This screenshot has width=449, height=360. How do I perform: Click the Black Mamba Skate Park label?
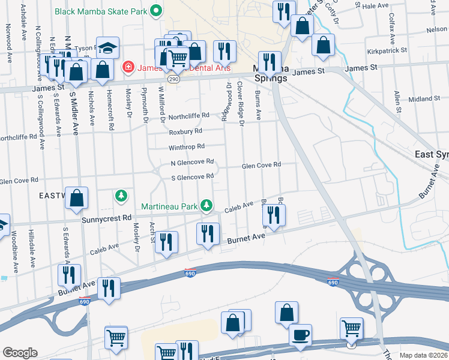point(101,11)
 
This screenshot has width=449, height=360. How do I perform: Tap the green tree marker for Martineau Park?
point(206,206)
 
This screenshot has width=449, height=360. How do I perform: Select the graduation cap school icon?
point(108,47)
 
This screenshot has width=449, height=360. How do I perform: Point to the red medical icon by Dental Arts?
point(127,66)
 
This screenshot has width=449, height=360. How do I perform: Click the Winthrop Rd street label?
point(187,146)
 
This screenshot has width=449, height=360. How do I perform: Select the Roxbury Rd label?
point(185,131)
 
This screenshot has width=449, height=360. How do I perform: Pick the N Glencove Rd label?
point(193,162)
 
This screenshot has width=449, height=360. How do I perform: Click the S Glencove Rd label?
point(193,177)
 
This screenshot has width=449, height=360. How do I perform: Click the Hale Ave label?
point(376,5)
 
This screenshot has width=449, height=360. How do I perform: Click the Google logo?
point(20,353)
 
